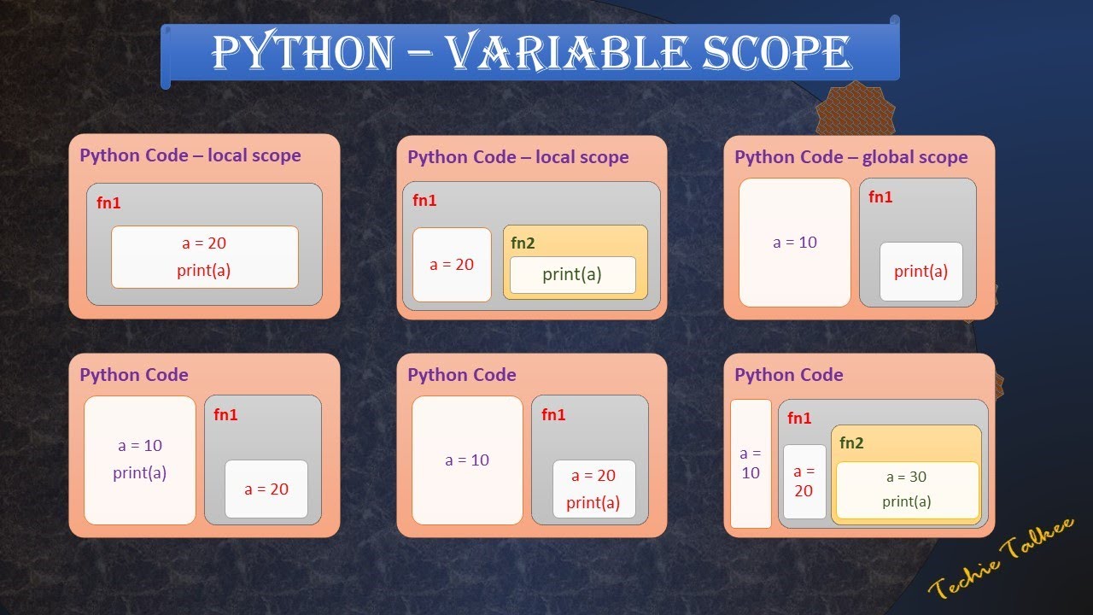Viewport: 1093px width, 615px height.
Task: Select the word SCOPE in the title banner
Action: click(776, 53)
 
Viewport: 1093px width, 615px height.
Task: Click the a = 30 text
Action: click(906, 477)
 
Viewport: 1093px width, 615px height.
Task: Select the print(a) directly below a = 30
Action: click(906, 501)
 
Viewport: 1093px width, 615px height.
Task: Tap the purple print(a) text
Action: click(139, 472)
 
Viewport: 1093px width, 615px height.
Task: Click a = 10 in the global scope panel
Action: click(795, 243)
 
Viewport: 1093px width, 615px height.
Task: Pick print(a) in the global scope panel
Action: click(921, 272)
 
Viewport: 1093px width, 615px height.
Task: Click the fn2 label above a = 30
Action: click(851, 442)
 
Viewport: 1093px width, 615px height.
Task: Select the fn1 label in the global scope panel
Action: click(880, 196)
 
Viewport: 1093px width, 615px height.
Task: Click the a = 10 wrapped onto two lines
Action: click(751, 463)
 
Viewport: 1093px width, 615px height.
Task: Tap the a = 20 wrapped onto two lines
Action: click(804, 481)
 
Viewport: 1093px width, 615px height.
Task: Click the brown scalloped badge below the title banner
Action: click(855, 108)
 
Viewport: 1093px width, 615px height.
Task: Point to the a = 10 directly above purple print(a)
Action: click(139, 446)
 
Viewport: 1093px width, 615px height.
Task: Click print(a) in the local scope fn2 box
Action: click(572, 274)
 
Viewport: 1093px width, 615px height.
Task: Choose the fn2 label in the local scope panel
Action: click(523, 242)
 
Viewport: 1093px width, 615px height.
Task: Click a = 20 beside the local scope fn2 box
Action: click(452, 265)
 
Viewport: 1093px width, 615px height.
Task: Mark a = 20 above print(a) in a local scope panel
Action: click(204, 243)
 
